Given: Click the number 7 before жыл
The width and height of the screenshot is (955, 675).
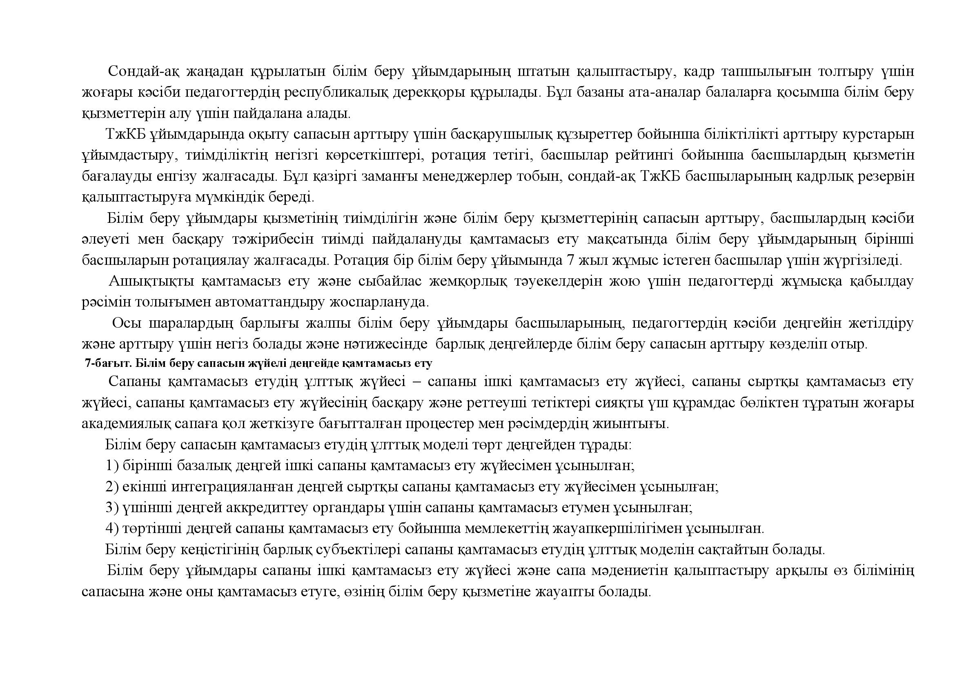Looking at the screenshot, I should click(x=571, y=260).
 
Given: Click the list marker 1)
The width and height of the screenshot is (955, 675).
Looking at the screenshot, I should click(x=112, y=466).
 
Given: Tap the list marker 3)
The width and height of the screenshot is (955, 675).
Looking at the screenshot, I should click(x=112, y=508).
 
